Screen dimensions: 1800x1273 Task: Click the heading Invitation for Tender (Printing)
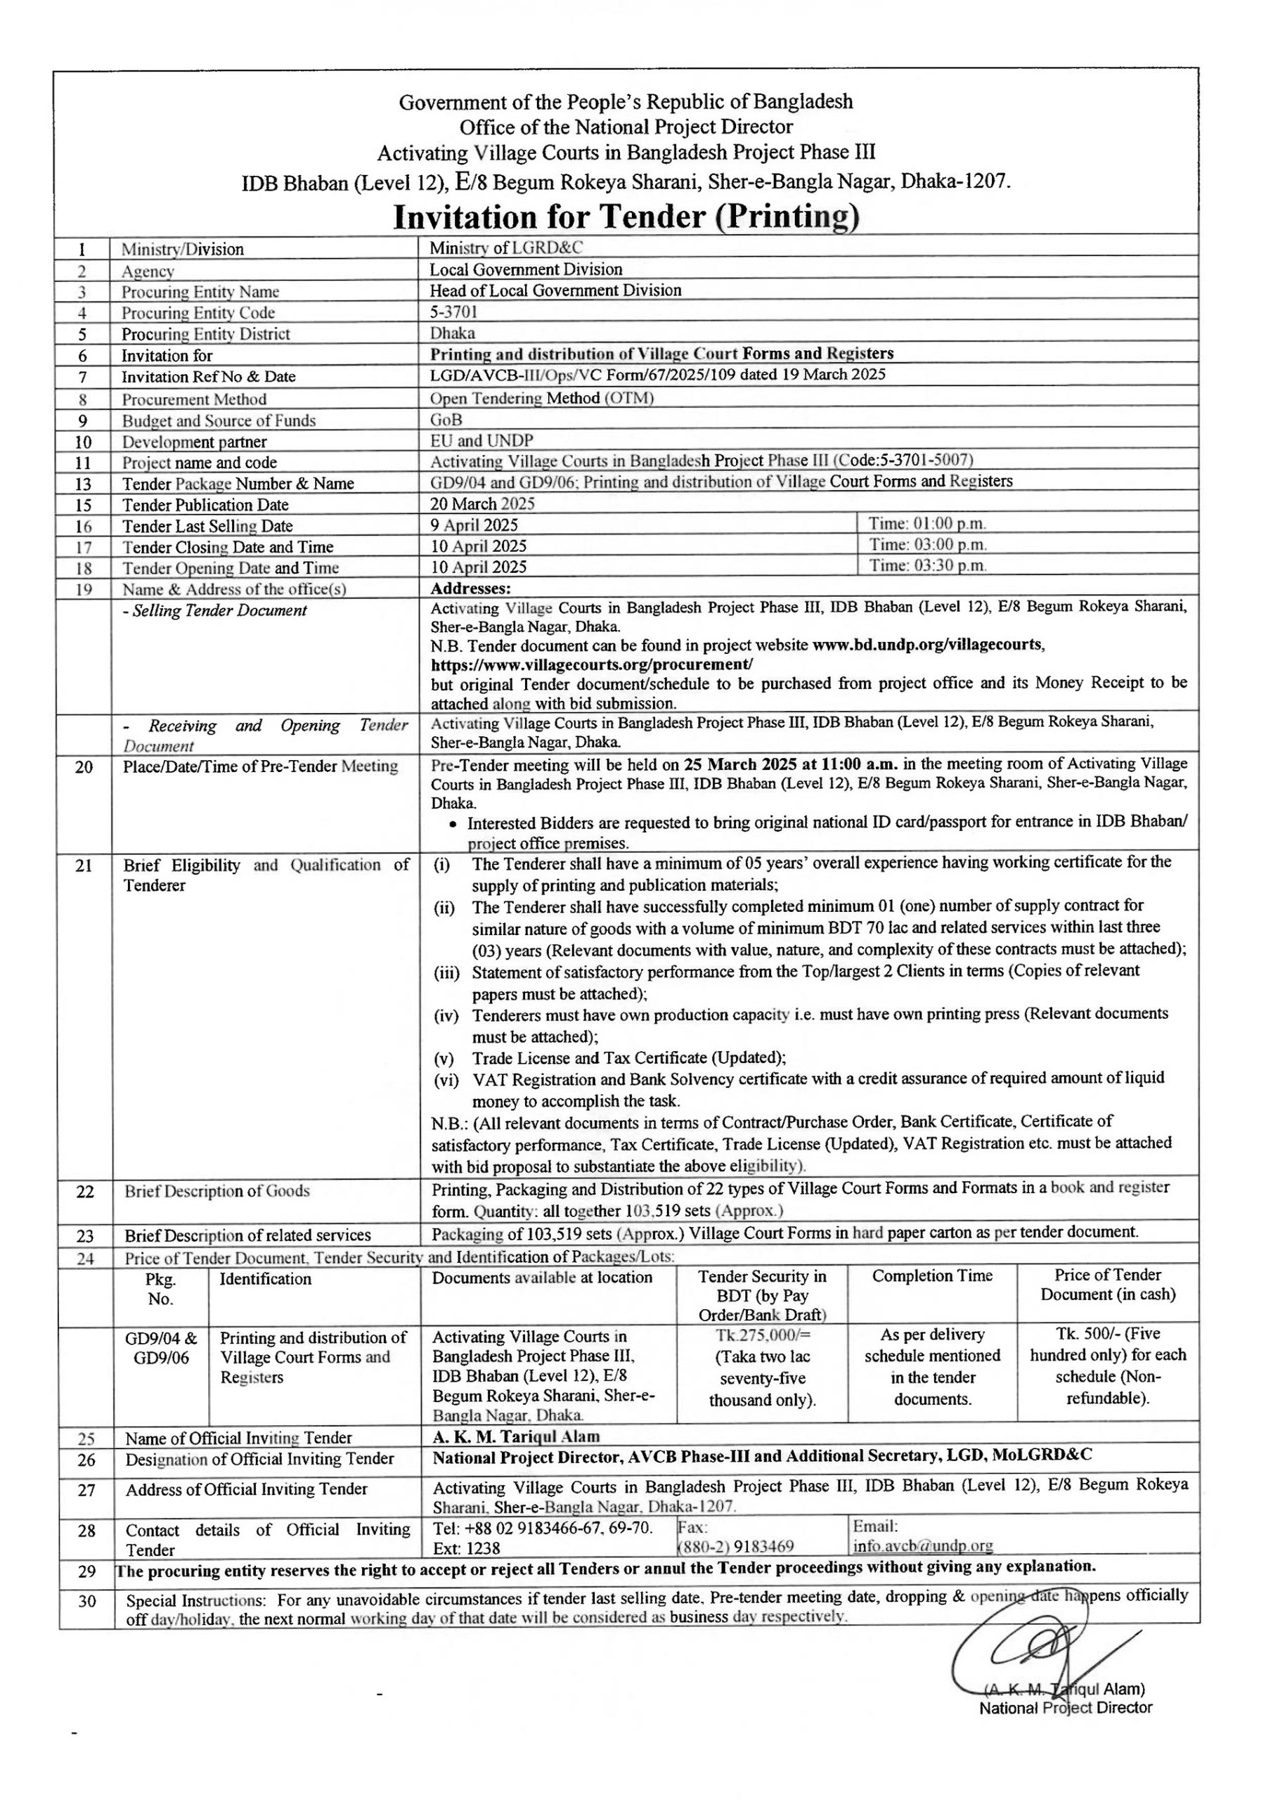[626, 217]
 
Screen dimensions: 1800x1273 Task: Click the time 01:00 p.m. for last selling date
[926, 523]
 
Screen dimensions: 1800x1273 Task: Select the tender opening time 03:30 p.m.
[926, 565]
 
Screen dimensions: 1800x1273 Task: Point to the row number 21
[84, 866]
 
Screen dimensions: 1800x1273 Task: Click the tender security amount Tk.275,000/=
[762, 1335]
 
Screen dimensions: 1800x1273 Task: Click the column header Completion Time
[932, 1275]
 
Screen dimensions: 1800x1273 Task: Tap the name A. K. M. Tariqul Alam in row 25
[516, 1436]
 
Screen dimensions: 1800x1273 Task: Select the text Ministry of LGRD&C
[505, 247]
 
